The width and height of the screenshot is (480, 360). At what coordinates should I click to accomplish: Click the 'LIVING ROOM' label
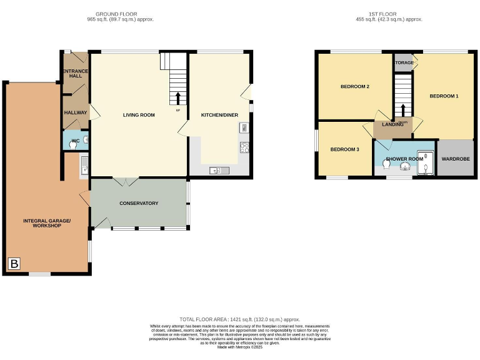139,115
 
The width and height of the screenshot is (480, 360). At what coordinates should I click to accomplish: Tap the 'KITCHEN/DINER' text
219,115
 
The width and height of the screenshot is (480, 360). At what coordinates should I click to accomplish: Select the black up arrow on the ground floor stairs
178,98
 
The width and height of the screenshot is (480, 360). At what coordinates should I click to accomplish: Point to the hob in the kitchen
244,149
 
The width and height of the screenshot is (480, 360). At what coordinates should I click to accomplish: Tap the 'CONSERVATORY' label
139,203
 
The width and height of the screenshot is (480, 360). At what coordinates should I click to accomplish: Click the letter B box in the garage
14,264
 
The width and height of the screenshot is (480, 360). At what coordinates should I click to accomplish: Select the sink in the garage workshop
84,165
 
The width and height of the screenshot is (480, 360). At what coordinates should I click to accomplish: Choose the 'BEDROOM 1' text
444,96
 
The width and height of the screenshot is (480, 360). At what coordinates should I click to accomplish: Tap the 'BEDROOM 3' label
345,149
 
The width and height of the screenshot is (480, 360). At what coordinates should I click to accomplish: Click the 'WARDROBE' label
455,159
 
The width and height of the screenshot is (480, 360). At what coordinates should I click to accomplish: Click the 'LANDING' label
393,125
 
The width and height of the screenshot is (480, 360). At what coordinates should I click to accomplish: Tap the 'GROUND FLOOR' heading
116,14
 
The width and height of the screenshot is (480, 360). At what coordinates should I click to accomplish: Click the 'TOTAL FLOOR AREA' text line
240,319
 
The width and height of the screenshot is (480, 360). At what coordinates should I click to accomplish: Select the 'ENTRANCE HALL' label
75,74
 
